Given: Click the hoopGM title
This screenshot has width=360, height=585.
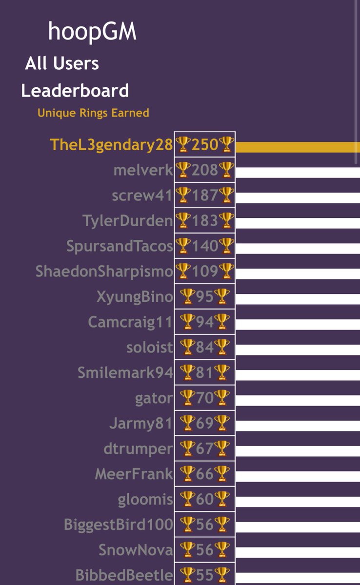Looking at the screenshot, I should point(92,32).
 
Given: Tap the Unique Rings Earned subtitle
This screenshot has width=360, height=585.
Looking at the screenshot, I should point(93,113).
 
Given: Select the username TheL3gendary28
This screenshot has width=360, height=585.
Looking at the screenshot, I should point(111,144).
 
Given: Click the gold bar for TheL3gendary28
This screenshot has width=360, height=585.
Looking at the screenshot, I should point(298,147).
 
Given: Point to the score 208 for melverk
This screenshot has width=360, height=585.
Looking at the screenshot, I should point(205,170).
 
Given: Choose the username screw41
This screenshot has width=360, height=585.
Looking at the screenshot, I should point(142,195).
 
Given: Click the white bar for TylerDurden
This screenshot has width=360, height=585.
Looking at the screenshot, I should point(298,223).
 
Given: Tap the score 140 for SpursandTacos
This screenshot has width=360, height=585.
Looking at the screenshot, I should point(205,246).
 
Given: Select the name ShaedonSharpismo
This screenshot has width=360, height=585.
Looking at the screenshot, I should point(104,271).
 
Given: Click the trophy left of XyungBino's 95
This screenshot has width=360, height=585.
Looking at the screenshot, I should point(187,296).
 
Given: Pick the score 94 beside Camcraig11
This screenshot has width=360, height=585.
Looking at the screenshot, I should point(205,322).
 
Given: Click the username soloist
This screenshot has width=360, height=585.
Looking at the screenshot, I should point(149,347).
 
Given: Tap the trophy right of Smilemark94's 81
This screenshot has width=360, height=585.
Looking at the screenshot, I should point(222,372).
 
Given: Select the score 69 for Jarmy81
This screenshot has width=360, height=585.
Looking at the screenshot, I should point(205,423).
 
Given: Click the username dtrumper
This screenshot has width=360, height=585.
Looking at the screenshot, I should point(138,448).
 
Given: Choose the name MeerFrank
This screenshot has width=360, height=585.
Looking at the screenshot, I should point(134,474).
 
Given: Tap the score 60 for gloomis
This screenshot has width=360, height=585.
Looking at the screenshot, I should point(205,499).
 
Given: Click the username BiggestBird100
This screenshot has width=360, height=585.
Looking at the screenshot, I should point(118,525).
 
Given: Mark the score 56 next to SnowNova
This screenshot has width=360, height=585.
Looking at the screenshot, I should point(205,549).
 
